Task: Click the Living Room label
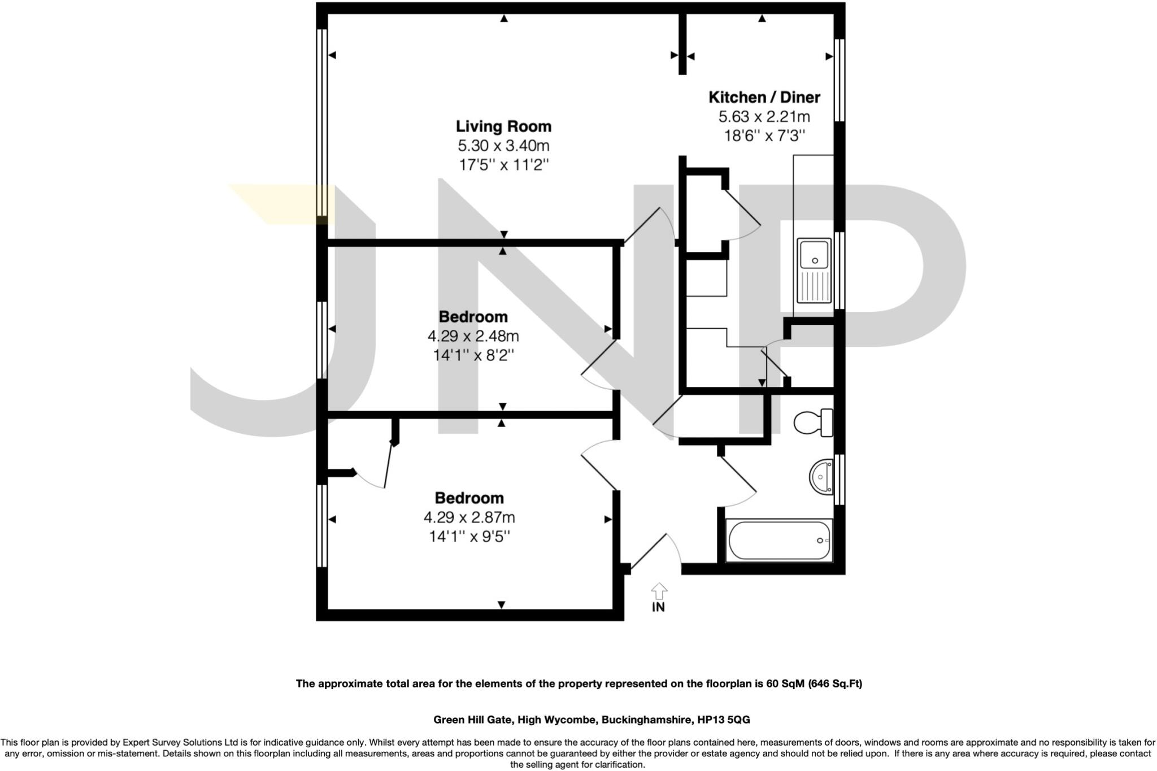click(503, 126)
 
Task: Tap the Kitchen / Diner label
click(764, 97)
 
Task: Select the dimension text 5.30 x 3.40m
click(503, 146)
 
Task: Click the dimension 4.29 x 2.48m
click(473, 337)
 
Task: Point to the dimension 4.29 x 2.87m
click(469, 517)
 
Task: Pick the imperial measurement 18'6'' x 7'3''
click(764, 136)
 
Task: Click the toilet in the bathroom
click(814, 422)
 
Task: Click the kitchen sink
click(814, 270)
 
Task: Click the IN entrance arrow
click(659, 591)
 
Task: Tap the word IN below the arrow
click(659, 607)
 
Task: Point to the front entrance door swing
click(655, 551)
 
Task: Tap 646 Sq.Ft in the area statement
click(835, 683)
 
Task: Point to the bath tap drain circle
click(820, 541)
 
